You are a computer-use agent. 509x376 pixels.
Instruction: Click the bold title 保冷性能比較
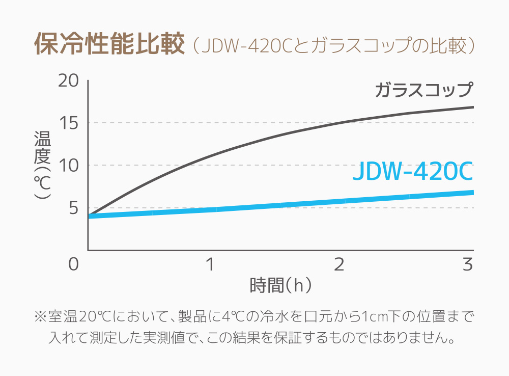pyautogui.click(x=108, y=45)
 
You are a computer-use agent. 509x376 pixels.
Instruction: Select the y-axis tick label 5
pyautogui.click(x=73, y=208)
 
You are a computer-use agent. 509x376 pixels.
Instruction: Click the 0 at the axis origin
pyautogui.click(x=74, y=264)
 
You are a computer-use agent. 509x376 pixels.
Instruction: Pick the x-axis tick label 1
pyautogui.click(x=209, y=264)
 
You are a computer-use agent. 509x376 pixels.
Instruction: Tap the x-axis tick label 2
pyautogui.click(x=339, y=264)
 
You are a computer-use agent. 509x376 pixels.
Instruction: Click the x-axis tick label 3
pyautogui.click(x=468, y=264)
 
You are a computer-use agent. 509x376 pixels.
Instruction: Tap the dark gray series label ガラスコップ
pyautogui.click(x=424, y=90)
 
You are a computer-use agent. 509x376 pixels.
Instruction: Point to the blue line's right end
pyautogui.click(x=472, y=192)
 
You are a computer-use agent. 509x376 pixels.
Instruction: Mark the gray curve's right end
pyautogui.click(x=472, y=107)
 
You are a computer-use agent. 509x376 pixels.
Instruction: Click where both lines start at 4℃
pyautogui.click(x=90, y=216)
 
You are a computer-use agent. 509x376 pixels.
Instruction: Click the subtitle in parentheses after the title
pyautogui.click(x=334, y=46)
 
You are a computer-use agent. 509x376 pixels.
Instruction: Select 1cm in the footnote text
pyautogui.click(x=371, y=317)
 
